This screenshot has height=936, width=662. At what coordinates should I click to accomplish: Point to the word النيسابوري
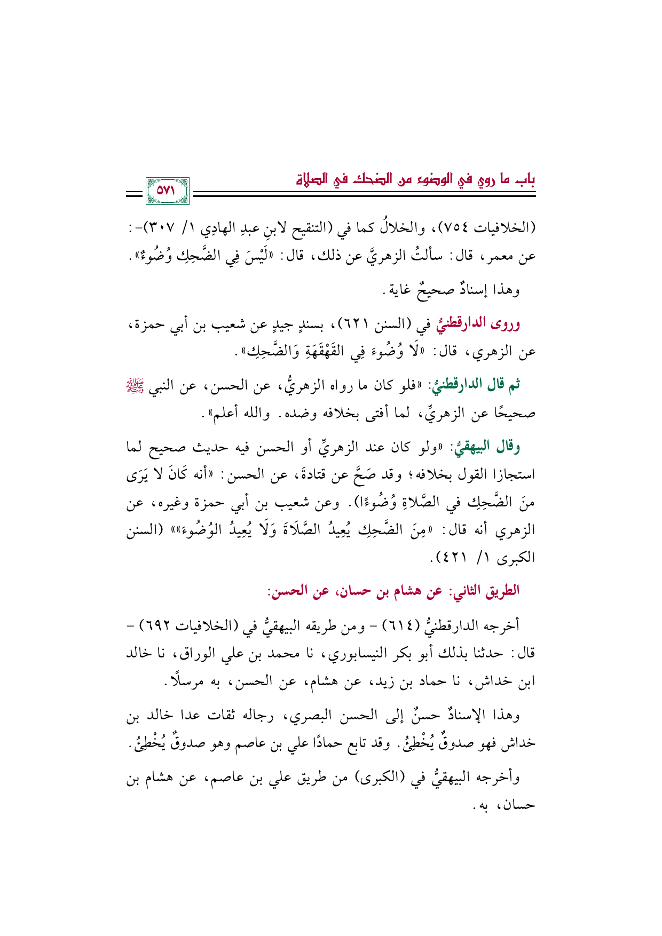coord(357,654)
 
